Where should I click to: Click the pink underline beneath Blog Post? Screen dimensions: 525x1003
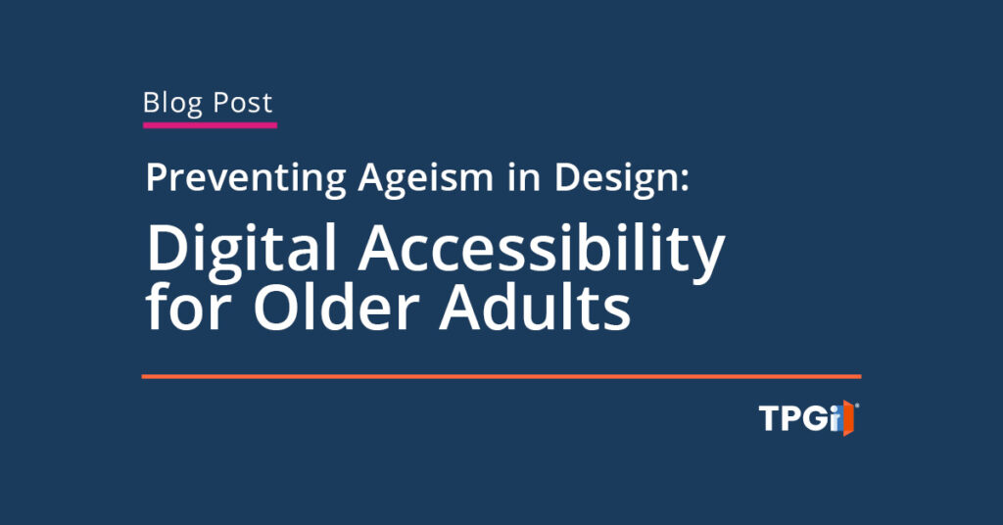[210, 124]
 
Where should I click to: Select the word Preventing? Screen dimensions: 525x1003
[245, 179]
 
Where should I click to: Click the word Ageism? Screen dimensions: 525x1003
[410, 179]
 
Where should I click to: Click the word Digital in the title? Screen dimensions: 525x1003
[242, 253]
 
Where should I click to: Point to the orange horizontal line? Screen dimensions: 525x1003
[501, 376]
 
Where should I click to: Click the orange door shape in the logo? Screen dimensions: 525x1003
[849, 419]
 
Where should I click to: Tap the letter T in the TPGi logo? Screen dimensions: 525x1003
[770, 419]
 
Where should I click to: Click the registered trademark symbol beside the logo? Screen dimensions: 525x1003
[859, 405]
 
